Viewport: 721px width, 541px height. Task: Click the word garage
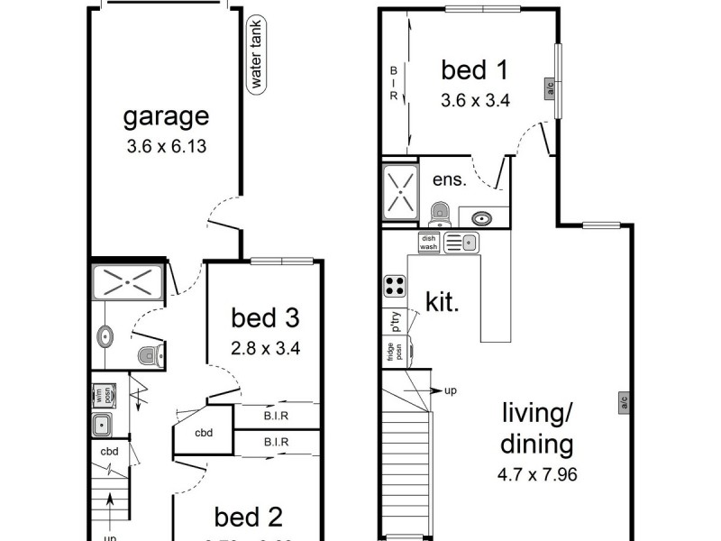[166, 116]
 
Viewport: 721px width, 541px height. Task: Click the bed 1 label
[475, 69]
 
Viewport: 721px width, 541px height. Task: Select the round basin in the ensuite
[481, 217]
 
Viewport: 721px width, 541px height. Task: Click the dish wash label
[428, 242]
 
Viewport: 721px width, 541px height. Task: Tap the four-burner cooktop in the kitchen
[395, 286]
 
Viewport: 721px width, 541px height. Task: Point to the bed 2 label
[249, 517]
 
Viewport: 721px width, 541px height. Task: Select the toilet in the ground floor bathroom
[146, 355]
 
